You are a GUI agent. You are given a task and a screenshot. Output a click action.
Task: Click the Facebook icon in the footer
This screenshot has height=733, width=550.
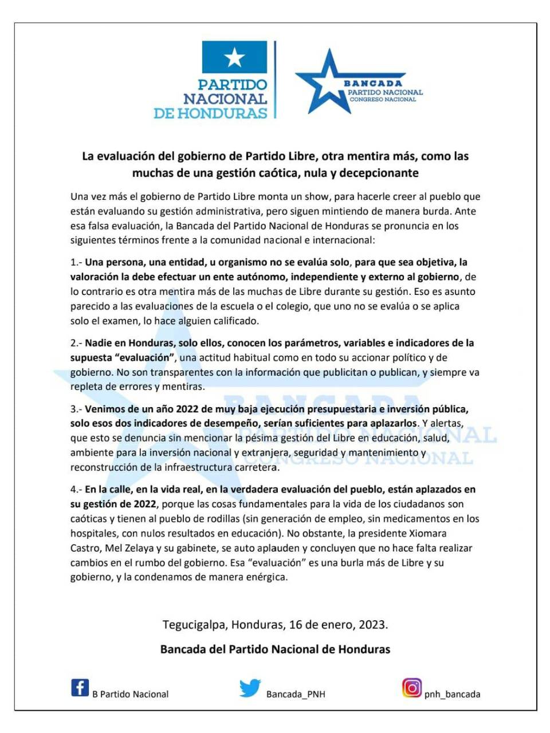click(x=80, y=687)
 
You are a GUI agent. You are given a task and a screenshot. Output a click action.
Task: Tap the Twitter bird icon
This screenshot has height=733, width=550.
click(x=250, y=688)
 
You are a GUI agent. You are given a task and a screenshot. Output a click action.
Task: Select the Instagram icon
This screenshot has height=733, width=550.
click(x=411, y=687)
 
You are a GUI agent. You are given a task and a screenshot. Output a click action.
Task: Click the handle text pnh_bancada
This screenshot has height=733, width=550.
click(x=452, y=694)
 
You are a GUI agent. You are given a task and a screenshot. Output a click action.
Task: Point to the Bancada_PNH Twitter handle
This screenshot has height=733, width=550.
click(x=296, y=694)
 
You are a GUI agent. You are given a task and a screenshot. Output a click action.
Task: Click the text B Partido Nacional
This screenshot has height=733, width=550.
click(x=131, y=694)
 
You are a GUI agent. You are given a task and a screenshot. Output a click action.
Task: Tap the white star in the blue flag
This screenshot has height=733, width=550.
click(x=234, y=57)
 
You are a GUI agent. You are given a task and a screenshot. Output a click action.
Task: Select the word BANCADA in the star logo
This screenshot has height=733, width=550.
click(x=373, y=84)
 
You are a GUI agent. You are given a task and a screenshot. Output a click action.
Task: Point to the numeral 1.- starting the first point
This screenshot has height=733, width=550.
click(x=77, y=262)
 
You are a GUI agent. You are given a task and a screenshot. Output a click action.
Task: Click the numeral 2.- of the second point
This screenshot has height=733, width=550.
click(x=77, y=343)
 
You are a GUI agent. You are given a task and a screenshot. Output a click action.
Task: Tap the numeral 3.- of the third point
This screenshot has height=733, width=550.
click(x=77, y=409)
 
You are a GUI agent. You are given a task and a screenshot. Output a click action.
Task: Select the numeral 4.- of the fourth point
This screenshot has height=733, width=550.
click(x=77, y=490)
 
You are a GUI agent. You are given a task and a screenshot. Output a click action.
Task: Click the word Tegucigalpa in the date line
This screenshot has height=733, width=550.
click(x=194, y=624)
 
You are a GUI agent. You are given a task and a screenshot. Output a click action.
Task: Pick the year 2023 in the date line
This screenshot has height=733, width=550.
click(x=372, y=624)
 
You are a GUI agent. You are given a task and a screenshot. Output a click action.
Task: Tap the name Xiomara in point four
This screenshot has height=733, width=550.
click(x=426, y=533)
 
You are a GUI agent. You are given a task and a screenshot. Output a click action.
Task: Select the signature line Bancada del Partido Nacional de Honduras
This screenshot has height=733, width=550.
click(x=275, y=649)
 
